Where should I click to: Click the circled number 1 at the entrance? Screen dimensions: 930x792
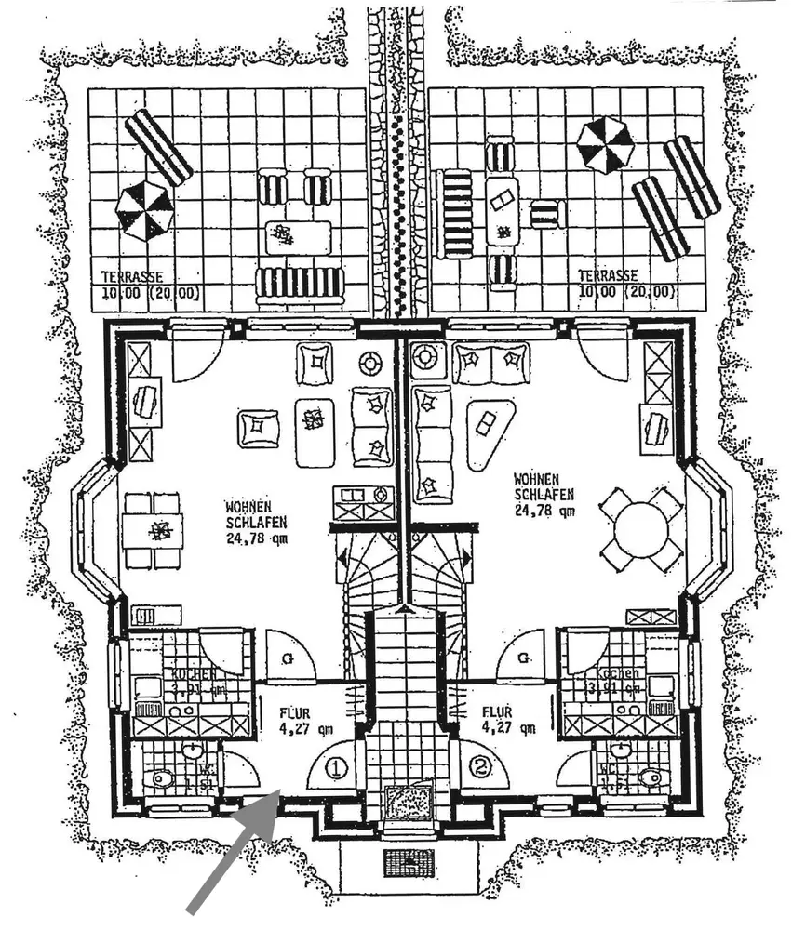click(x=337, y=768)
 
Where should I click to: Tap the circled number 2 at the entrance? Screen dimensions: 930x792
click(x=480, y=768)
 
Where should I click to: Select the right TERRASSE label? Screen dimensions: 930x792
click(x=608, y=275)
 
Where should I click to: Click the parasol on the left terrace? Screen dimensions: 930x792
click(x=144, y=209)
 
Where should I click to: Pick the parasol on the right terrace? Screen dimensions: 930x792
click(x=605, y=145)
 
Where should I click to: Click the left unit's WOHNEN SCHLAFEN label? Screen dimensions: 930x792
click(x=248, y=514)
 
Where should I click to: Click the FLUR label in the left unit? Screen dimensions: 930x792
click(x=294, y=715)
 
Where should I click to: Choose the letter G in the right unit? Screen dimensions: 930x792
click(x=524, y=658)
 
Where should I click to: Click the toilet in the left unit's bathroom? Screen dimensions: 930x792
click(x=162, y=778)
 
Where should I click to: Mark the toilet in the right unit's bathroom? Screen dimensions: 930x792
click(x=650, y=777)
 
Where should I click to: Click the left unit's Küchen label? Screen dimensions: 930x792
click(x=194, y=673)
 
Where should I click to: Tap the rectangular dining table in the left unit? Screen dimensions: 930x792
click(x=153, y=531)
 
